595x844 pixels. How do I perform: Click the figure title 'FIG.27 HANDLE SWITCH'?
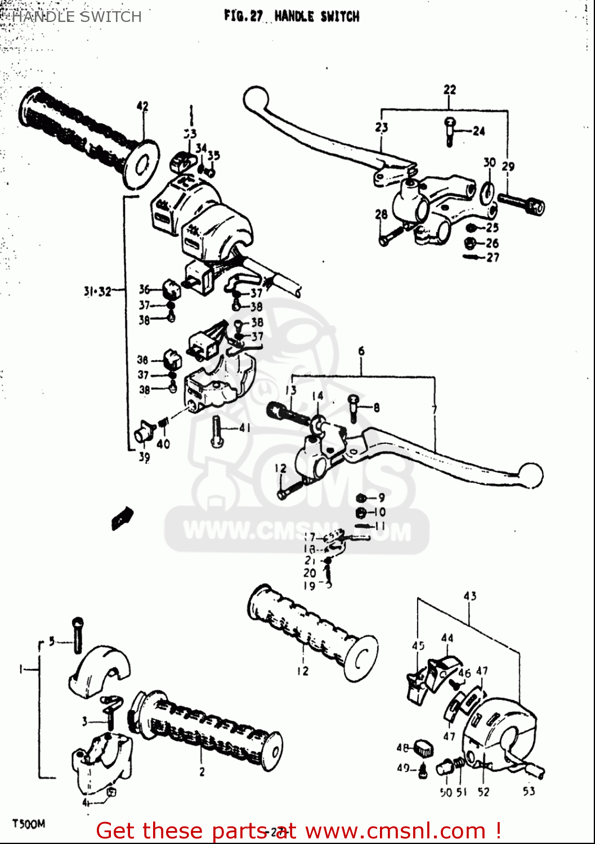pyautogui.click(x=291, y=16)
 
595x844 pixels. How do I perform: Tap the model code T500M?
pyautogui.click(x=29, y=824)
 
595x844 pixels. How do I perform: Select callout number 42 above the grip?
pyautogui.click(x=142, y=106)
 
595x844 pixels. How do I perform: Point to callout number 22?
pyautogui.click(x=449, y=89)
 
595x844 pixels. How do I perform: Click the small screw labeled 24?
pyautogui.click(x=450, y=131)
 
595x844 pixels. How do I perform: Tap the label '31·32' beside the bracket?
pyautogui.click(x=97, y=291)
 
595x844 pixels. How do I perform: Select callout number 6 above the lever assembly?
pyautogui.click(x=361, y=351)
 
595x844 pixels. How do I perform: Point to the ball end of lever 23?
pyautogui.click(x=254, y=99)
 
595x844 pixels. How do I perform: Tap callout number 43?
pyautogui.click(x=469, y=596)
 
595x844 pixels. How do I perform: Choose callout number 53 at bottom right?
pyautogui.click(x=529, y=791)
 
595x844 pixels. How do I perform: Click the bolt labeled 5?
pyautogui.click(x=77, y=635)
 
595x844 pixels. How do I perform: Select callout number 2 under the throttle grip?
pyautogui.click(x=202, y=772)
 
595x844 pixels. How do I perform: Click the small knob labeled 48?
pyautogui.click(x=423, y=748)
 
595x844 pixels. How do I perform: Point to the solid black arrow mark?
pyautogui.click(x=122, y=517)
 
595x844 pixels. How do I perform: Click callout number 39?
pyautogui.click(x=144, y=457)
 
